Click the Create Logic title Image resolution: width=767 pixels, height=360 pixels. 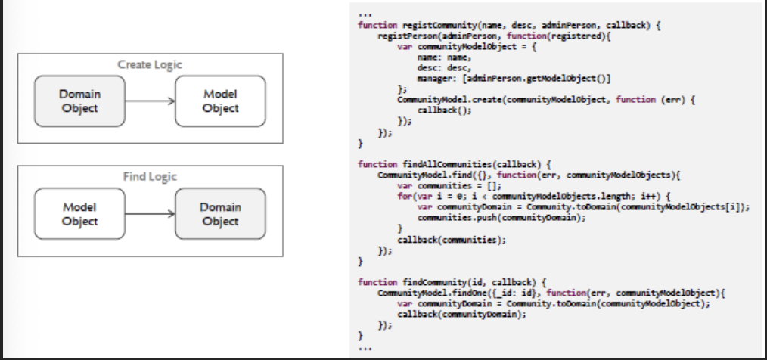(150, 64)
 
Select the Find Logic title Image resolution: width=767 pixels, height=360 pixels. (150, 177)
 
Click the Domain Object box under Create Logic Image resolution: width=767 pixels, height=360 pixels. (79, 101)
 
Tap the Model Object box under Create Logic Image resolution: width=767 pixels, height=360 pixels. (220, 101)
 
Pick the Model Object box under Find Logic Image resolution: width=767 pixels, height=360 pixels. (79, 214)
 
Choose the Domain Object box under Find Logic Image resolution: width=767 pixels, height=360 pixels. (220, 214)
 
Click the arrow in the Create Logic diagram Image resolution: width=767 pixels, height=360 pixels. (150, 101)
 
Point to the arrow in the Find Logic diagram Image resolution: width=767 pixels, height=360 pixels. (150, 214)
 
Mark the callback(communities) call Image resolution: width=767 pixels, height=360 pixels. (451, 239)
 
